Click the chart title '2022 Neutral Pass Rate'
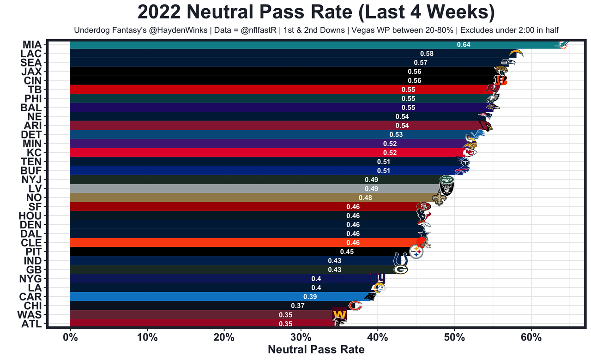coord(316,12)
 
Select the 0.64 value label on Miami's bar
coord(464,44)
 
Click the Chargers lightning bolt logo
coord(516,53)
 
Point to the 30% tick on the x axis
coord(301,337)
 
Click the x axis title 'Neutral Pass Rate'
coord(316,349)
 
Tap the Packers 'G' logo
coord(400,270)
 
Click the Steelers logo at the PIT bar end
coord(416,252)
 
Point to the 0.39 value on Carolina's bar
coord(310,296)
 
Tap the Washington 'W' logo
coord(339,315)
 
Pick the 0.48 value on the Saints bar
coord(365,198)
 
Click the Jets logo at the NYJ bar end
coord(446,180)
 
